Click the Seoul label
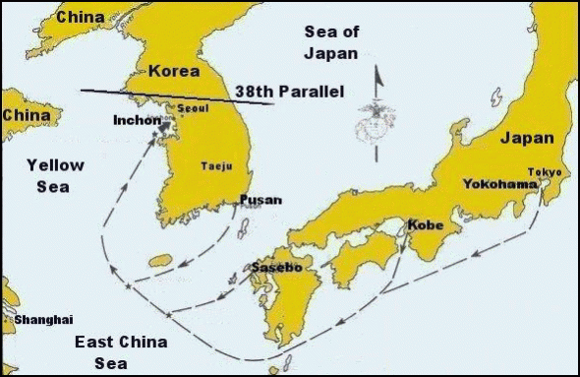tap(192, 108)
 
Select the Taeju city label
tap(216, 166)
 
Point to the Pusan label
tap(261, 200)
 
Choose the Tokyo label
tap(545, 171)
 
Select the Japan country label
tap(527, 139)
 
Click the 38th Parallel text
tap(289, 92)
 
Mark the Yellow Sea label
tap(55, 174)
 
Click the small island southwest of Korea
tap(159, 261)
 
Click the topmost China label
tap(82, 17)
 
